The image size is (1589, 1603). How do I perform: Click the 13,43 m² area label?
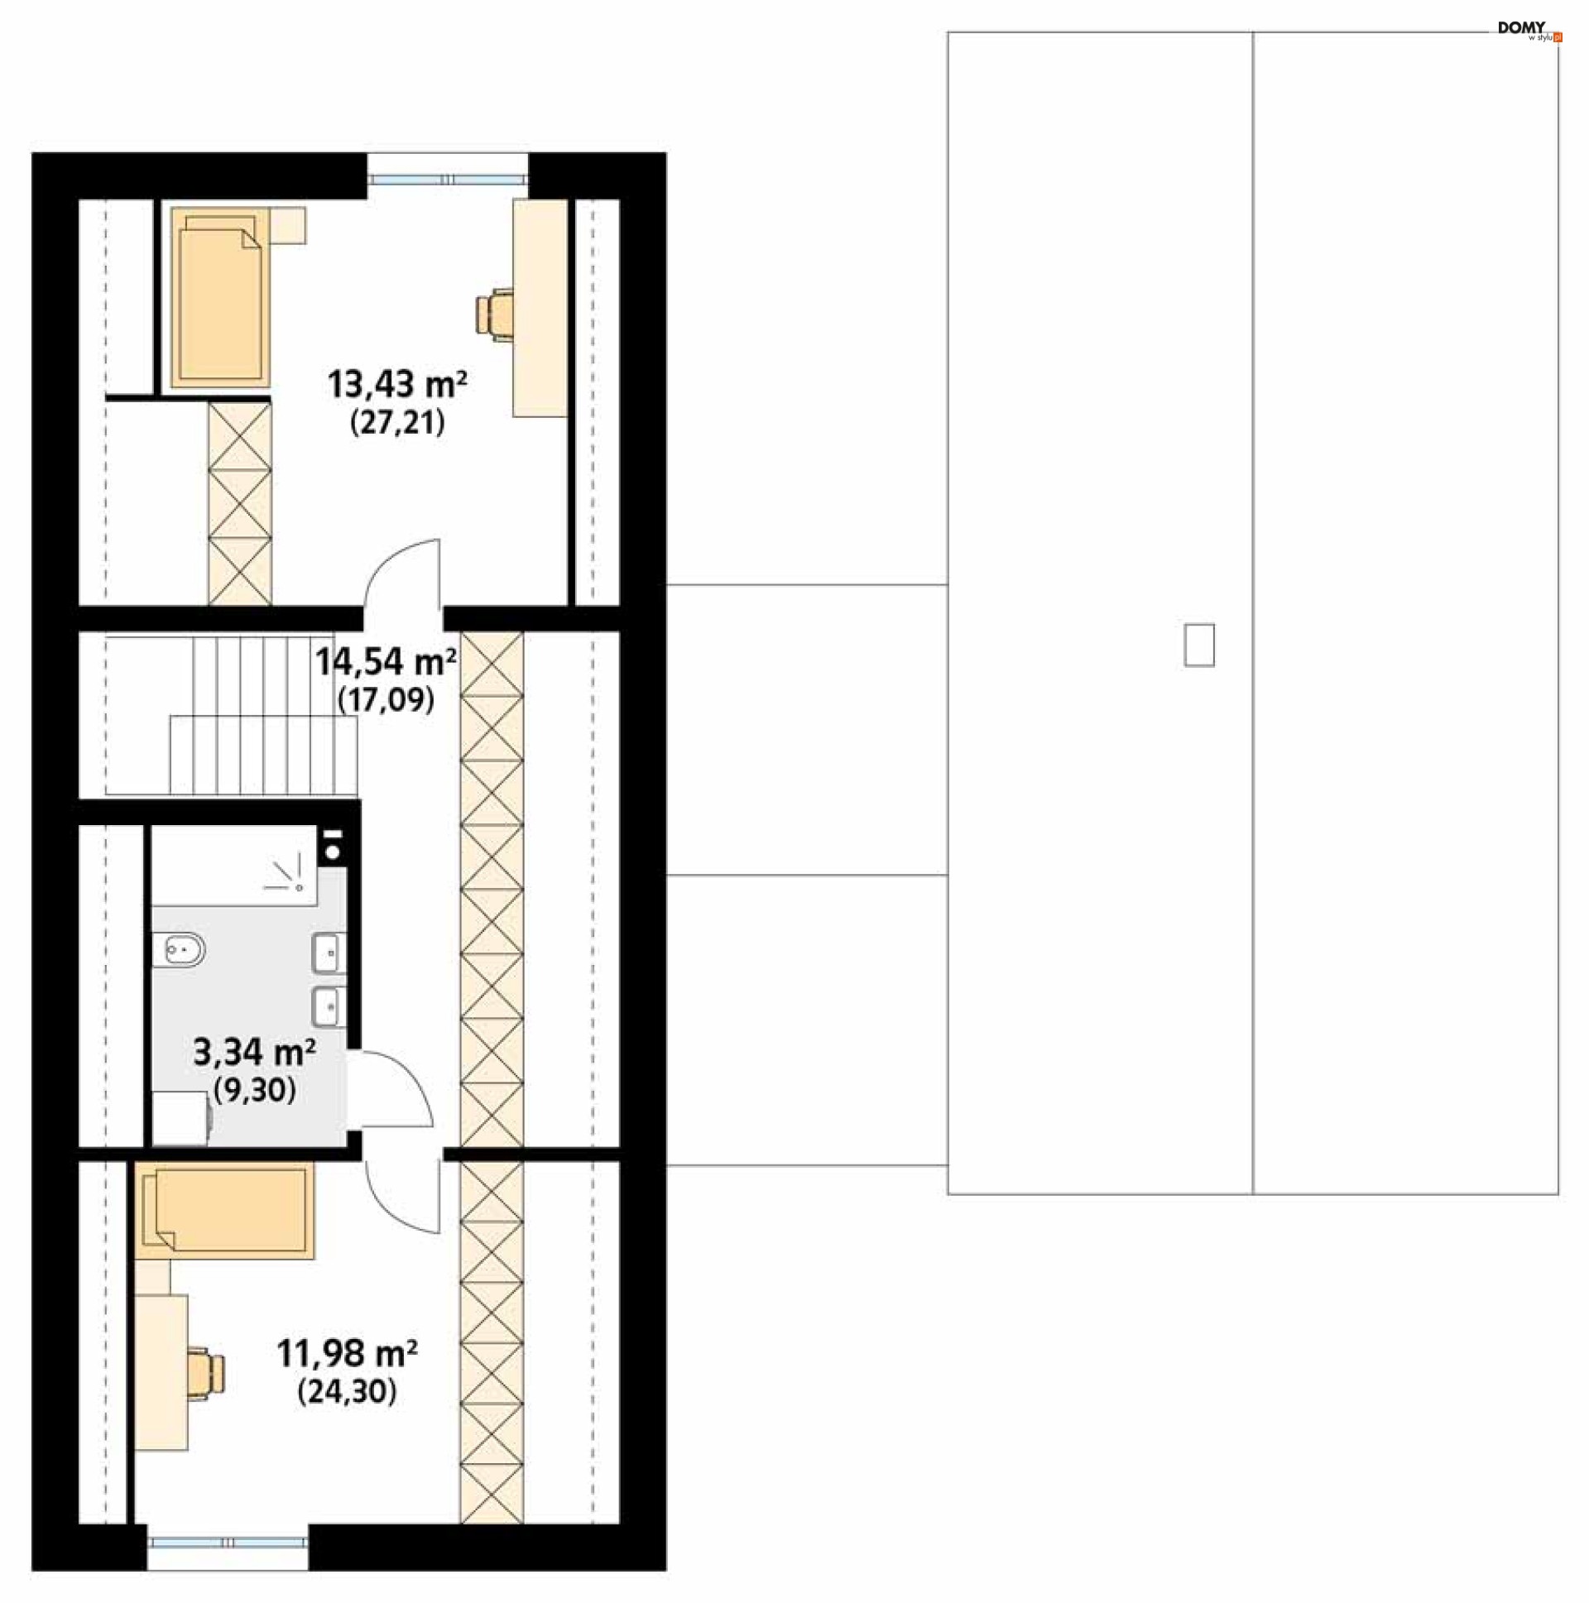point(397,385)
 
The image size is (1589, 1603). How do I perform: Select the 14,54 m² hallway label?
point(386,662)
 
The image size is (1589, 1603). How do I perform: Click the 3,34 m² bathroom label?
point(254,1052)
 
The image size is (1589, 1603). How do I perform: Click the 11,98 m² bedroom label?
point(347,1354)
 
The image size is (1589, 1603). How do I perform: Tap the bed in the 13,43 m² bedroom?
point(221,298)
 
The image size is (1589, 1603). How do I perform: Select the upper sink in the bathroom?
point(329,953)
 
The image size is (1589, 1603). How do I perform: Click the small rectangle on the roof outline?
point(1199,645)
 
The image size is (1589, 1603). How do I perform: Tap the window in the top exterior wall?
point(447,180)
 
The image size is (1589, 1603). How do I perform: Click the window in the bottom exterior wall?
point(228,1543)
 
